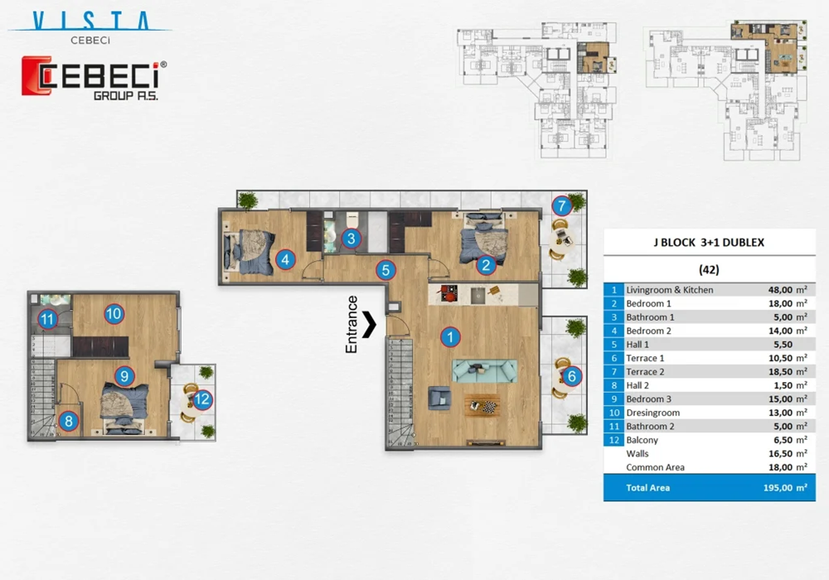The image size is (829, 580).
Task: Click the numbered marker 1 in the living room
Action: (450, 336)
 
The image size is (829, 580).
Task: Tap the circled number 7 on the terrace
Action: (561, 205)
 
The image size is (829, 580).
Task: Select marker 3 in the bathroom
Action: (351, 239)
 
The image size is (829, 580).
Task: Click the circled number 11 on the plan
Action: (47, 319)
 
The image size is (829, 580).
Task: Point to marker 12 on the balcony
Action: (202, 399)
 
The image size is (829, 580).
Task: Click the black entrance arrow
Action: (369, 324)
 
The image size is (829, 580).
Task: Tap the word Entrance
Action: (351, 324)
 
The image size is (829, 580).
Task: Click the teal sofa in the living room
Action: (484, 371)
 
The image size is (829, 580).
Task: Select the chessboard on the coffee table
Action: (490, 407)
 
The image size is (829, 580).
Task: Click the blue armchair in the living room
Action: (439, 398)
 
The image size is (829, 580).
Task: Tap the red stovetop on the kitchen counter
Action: (448, 293)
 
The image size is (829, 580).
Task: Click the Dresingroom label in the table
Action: (653, 413)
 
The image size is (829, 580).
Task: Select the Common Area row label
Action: (655, 467)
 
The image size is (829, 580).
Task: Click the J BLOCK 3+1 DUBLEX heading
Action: (709, 243)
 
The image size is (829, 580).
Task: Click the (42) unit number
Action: (709, 270)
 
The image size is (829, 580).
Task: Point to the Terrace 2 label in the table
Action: (645, 371)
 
